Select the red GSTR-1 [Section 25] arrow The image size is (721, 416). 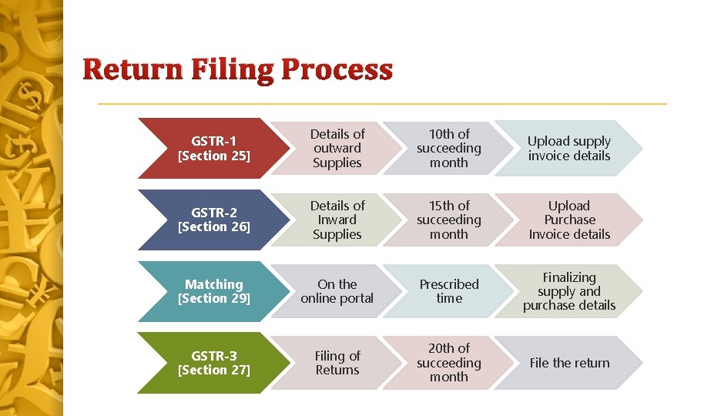click(x=208, y=148)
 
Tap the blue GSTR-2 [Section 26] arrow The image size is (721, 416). click(x=208, y=220)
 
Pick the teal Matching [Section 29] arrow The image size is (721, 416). click(x=208, y=291)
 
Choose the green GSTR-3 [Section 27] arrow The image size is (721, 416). click(x=208, y=363)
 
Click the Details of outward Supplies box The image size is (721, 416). click(x=337, y=148)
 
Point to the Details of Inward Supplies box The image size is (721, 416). click(x=337, y=220)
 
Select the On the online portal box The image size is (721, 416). click(x=337, y=291)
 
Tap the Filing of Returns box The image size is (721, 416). click(x=337, y=363)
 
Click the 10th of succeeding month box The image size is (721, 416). click(x=449, y=148)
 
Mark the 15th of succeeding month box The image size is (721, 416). click(x=449, y=220)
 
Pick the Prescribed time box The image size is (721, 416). click(x=449, y=291)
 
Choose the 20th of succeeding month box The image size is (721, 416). click(x=449, y=363)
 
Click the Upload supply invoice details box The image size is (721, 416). click(x=569, y=148)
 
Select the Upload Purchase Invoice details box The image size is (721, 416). click(x=569, y=220)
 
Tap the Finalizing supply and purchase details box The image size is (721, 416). click(x=569, y=291)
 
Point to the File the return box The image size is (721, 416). click(x=569, y=363)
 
